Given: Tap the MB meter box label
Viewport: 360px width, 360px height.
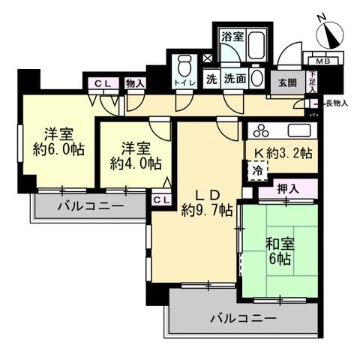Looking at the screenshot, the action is coord(323,61).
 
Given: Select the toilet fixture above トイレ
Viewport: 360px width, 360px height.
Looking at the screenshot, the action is coord(184,66).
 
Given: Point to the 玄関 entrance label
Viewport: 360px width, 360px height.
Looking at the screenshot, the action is coord(288,82).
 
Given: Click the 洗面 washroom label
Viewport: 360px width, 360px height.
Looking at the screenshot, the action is coord(235,79).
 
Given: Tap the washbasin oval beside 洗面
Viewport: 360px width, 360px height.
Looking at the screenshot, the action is coord(256,77).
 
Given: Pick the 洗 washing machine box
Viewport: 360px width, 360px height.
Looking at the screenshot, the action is coord(211,79).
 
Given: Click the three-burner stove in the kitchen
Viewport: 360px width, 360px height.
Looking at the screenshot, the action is coord(261,130).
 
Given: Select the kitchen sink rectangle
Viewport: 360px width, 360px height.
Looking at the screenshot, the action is coord(299,130).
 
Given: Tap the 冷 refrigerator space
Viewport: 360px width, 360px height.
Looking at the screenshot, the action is coord(257,171).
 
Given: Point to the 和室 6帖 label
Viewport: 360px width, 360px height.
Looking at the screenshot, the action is coord(280,251).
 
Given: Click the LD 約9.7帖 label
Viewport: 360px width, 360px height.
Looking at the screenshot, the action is coord(207,203).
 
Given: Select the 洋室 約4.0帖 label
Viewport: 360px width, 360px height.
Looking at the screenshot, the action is coord(136,157).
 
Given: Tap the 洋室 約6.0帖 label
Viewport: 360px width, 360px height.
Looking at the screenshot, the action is coord(58,142).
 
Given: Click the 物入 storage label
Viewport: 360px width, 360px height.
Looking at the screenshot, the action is coord(135,83).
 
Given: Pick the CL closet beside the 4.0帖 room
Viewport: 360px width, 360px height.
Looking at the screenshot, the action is coord(161,199).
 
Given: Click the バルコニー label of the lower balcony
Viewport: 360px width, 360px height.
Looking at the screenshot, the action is coord(243,319).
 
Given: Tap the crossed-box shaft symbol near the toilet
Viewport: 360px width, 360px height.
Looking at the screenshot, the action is coord(207,58).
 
